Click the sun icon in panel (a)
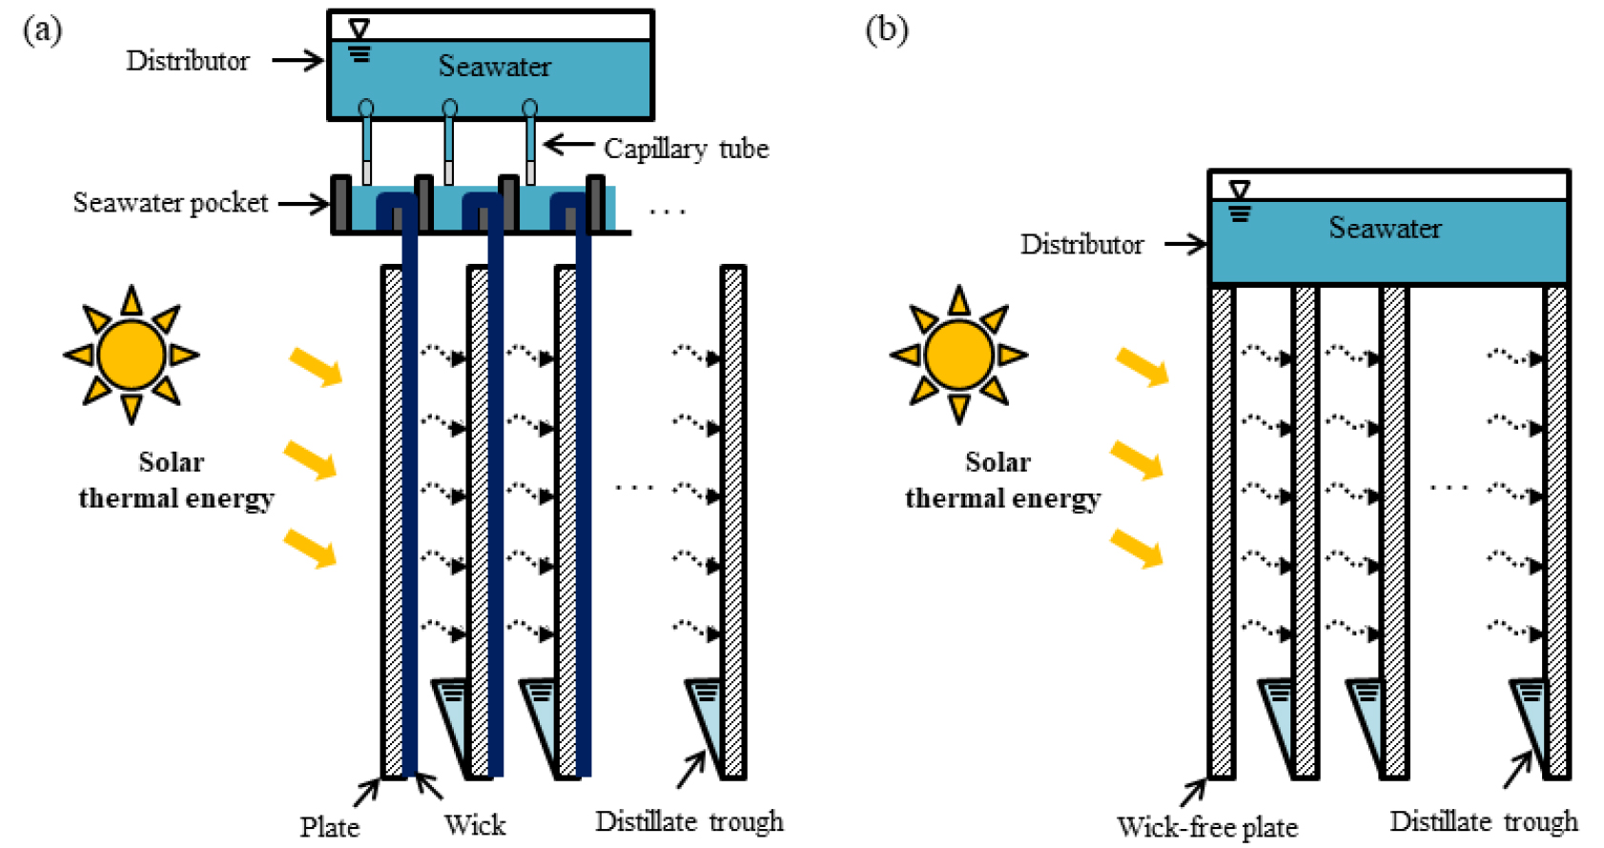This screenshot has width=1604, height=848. pos(132,354)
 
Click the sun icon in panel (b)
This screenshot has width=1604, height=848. pos(958,354)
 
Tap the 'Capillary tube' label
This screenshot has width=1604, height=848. pos(686,149)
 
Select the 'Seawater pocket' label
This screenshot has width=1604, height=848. pos(170,203)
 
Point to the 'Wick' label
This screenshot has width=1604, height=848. pos(474,825)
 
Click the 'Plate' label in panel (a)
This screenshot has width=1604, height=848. pos(329,826)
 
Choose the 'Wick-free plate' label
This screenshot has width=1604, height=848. pos(1206,826)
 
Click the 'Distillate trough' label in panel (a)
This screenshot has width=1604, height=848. pos(689,821)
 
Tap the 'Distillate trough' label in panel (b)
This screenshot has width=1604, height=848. pos(1483,821)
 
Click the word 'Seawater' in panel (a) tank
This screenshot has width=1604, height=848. pos(494,67)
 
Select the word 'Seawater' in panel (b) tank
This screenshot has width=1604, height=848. pos(1385,229)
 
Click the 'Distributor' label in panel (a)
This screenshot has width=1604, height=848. pos(187,61)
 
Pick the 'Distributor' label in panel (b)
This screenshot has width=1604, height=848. pos(1081,245)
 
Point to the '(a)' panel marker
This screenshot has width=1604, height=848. pos(42,30)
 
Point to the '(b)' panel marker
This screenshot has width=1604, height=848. pos(886,30)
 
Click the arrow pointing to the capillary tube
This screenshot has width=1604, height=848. pos(569,145)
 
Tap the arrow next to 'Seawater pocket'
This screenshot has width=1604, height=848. pos(303,203)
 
